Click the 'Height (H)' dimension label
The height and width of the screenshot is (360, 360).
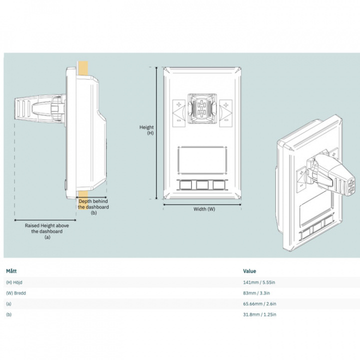(x=146, y=130)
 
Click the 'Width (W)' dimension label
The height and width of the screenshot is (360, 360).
(x=204, y=208)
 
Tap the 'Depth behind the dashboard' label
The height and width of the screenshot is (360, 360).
(x=93, y=206)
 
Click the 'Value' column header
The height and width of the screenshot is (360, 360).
(x=249, y=271)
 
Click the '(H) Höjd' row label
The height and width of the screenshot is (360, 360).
(x=14, y=282)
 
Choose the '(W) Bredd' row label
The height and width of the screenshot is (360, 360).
(x=16, y=293)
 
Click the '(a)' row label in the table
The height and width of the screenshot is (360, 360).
(x=8, y=303)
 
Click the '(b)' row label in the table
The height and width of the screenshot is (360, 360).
(x=8, y=314)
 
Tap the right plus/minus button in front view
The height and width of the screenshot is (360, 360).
(x=226, y=112)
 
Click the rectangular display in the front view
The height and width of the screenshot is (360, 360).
(x=202, y=159)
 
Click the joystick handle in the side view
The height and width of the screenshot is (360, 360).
(x=30, y=109)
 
